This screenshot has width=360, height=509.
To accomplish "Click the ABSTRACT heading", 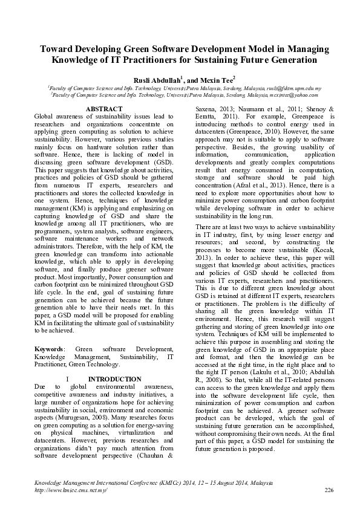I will coord(105,109).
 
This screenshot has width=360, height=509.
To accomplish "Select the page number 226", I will coord(330,490).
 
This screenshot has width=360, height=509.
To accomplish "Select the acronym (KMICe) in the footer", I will coord(157,483).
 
